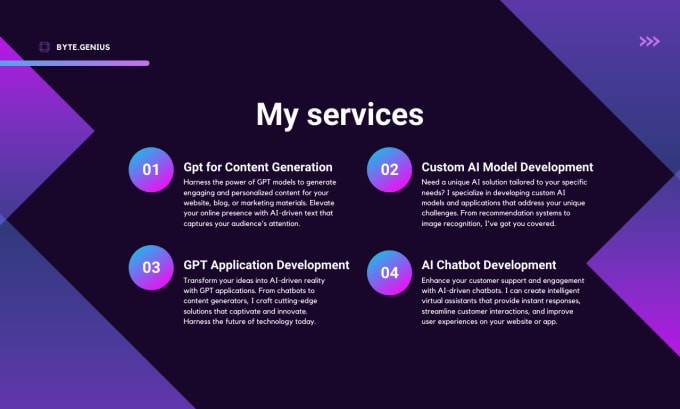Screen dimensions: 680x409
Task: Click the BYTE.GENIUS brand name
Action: pyautogui.click(x=83, y=47)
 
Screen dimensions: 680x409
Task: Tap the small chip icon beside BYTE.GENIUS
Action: pyautogui.click(x=44, y=47)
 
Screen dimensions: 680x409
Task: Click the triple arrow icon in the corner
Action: pyautogui.click(x=649, y=41)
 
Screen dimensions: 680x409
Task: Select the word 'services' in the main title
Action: pyautogui.click(x=365, y=115)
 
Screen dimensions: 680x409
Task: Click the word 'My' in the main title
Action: pyautogui.click(x=277, y=116)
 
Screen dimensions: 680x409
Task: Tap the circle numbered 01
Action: pyautogui.click(x=151, y=170)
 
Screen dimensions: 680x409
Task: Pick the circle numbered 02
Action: pyautogui.click(x=389, y=170)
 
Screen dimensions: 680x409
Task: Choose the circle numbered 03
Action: pyautogui.click(x=151, y=267)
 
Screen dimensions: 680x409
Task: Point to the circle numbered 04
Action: pyautogui.click(x=389, y=272)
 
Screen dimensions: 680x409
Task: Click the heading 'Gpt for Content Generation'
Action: pyautogui.click(x=258, y=167)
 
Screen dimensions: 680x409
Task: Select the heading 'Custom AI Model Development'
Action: pyautogui.click(x=507, y=167)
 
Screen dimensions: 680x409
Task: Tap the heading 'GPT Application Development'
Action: pyautogui.click(x=266, y=265)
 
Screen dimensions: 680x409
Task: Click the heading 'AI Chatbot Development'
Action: pyautogui.click(x=489, y=265)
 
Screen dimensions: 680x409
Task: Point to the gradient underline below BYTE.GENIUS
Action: pyautogui.click(x=75, y=63)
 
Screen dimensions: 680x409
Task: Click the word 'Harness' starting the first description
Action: pyautogui.click(x=197, y=182)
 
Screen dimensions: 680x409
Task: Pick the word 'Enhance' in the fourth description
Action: pyautogui.click(x=436, y=280)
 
